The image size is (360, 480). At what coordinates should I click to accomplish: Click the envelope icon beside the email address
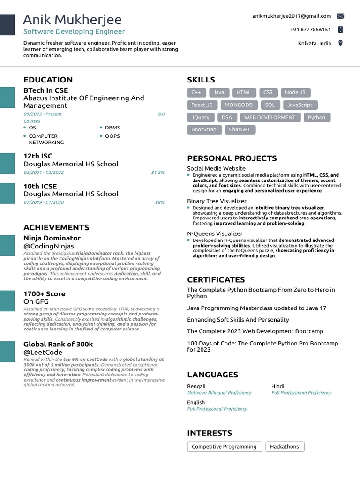340,16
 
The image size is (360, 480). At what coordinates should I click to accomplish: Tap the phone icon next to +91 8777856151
340,30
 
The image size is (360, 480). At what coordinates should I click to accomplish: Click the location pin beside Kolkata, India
340,43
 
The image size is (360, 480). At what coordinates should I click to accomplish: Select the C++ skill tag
196,92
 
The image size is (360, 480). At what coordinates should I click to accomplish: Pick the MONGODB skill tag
239,105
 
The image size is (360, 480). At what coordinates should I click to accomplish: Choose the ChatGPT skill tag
240,129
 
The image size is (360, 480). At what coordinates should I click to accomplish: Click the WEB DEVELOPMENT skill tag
270,117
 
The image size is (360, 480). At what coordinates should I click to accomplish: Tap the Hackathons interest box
285,447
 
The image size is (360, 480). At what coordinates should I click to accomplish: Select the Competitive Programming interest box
224,447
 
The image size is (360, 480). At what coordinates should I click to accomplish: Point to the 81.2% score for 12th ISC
157,172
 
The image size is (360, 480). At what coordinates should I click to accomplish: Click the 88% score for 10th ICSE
159,202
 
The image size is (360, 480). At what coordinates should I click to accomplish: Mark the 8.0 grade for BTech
161,114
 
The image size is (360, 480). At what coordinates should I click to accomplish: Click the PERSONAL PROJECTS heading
232,158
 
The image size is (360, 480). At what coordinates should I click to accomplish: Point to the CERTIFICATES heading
216,280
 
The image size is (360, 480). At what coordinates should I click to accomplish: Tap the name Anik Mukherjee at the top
72,20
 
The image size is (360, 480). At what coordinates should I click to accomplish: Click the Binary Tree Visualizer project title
217,201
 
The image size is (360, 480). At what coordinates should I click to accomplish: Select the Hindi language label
278,386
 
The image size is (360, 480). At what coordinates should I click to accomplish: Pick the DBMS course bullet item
112,127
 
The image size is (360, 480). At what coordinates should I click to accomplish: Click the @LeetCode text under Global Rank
43,352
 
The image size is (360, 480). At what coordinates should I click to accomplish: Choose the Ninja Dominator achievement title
52,238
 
